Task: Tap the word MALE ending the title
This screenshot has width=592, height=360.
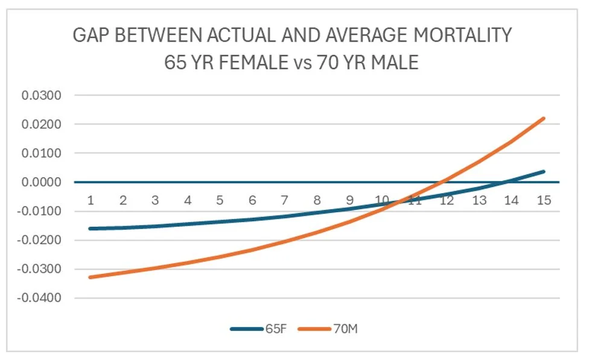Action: tap(395, 62)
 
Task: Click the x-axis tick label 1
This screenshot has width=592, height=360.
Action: tap(91, 200)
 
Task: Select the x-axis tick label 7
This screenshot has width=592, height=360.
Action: tap(285, 200)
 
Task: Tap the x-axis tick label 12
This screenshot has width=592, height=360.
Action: tap(447, 200)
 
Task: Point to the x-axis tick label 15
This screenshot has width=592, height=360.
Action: tap(544, 200)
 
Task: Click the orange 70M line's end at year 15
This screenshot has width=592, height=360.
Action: tap(544, 118)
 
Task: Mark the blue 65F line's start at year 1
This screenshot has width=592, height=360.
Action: tap(91, 229)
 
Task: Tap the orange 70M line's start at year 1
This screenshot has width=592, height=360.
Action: tap(91, 277)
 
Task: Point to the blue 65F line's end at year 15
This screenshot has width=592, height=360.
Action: tap(544, 171)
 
